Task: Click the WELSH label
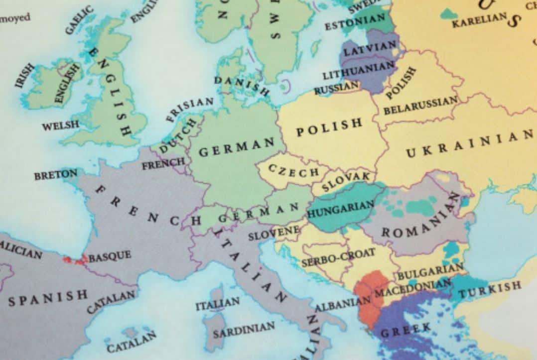(x=60, y=125)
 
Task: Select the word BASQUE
(x=110, y=256)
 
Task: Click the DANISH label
(x=242, y=86)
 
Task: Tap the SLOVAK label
(x=346, y=182)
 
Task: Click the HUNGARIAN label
(x=341, y=209)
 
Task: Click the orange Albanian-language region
(x=369, y=299)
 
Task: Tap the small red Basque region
(x=74, y=259)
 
